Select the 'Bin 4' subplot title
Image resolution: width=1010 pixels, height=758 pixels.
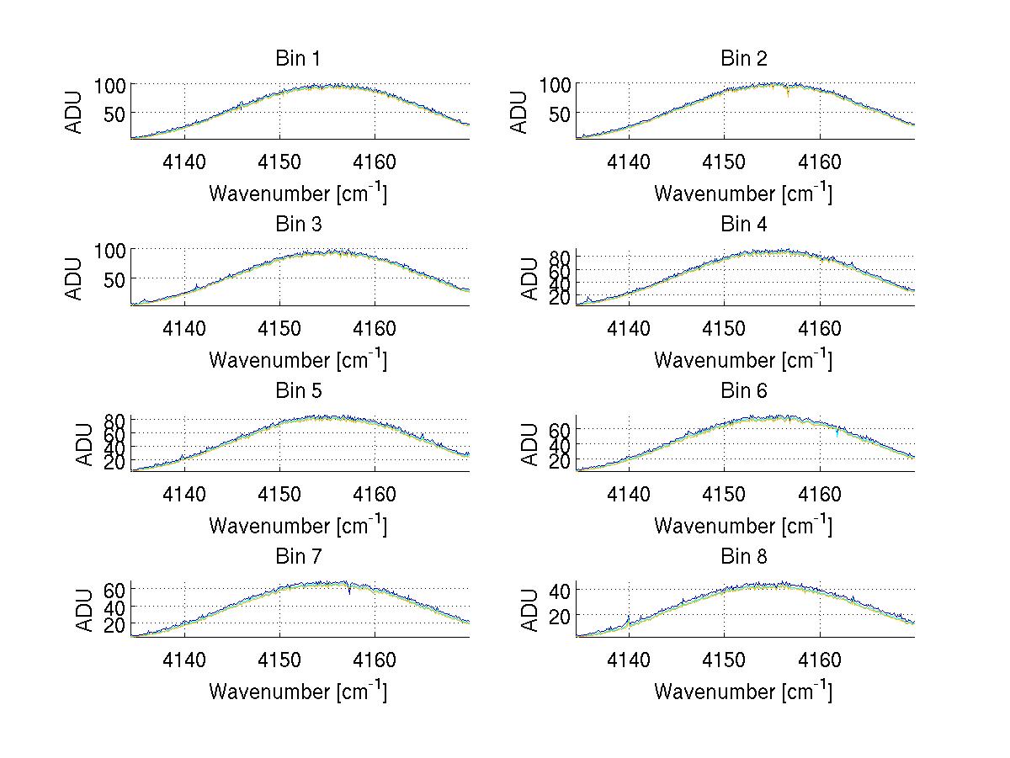(x=743, y=225)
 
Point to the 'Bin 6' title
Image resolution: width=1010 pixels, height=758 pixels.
(x=743, y=391)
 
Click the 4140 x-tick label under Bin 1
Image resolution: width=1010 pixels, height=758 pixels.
(x=183, y=161)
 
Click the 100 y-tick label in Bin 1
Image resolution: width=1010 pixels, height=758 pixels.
(x=110, y=85)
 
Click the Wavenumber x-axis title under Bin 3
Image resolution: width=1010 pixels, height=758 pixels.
(x=298, y=359)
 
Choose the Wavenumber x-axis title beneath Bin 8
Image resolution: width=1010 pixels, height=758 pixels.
(x=743, y=692)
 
